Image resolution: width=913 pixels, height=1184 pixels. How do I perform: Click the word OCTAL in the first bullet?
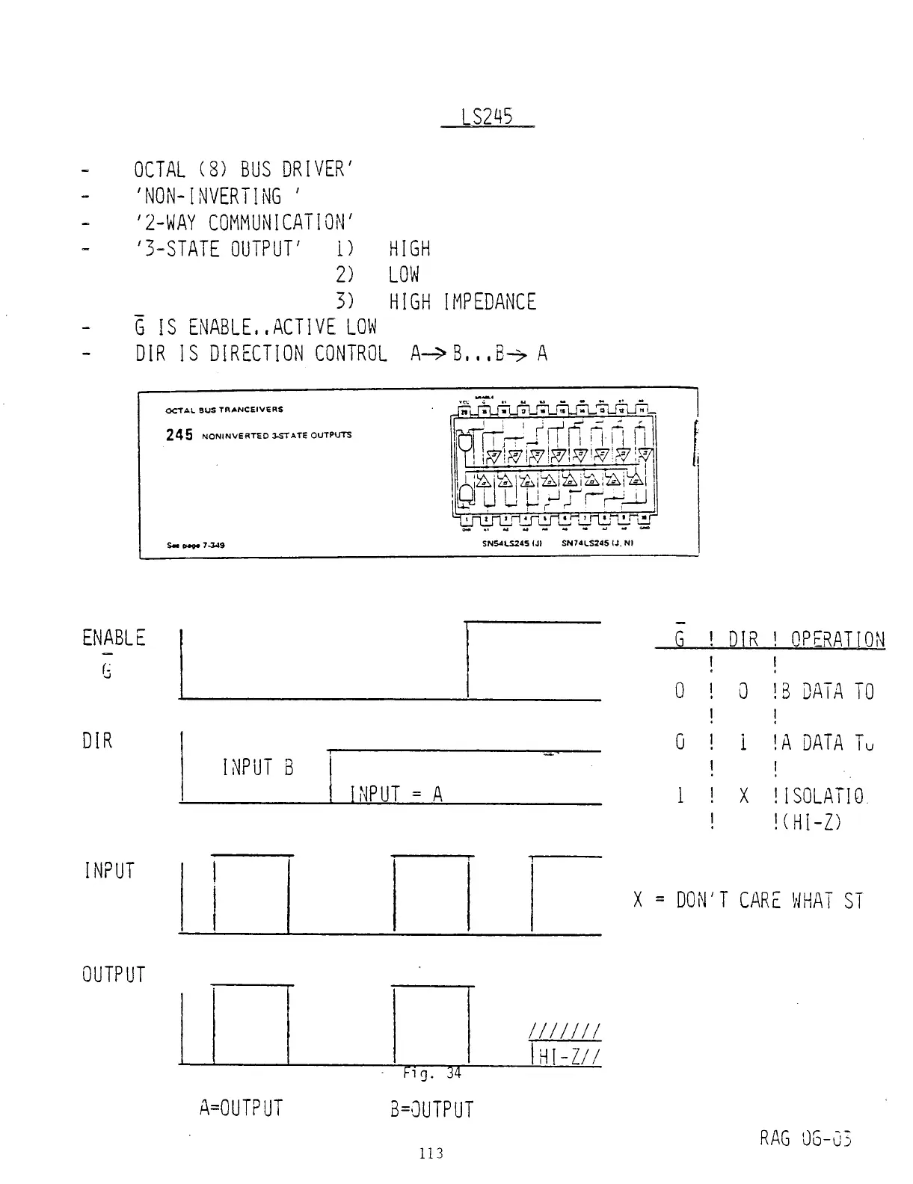[160, 169]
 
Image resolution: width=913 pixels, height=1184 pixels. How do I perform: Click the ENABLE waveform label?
[114, 638]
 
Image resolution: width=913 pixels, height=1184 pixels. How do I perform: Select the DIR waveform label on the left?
[97, 741]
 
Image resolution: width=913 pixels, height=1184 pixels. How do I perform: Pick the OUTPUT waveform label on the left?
[114, 975]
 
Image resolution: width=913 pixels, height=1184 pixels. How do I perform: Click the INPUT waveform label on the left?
[109, 871]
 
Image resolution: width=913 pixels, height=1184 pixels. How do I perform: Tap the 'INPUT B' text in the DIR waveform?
[258, 768]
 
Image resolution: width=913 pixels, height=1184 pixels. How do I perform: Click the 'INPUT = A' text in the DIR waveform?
[396, 794]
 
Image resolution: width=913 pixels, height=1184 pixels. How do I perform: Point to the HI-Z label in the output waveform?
[568, 1055]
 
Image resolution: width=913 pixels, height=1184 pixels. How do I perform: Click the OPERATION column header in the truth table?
[837, 640]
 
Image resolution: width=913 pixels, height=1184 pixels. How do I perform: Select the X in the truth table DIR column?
[743, 797]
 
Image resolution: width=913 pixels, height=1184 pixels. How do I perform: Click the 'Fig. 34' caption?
[432, 1073]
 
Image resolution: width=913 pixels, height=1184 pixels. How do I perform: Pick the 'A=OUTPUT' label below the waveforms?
[241, 1108]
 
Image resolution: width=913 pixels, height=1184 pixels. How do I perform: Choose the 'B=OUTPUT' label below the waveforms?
[432, 1109]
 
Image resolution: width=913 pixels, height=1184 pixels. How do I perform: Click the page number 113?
[431, 1153]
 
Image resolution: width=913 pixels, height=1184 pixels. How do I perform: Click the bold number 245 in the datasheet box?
[179, 435]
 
